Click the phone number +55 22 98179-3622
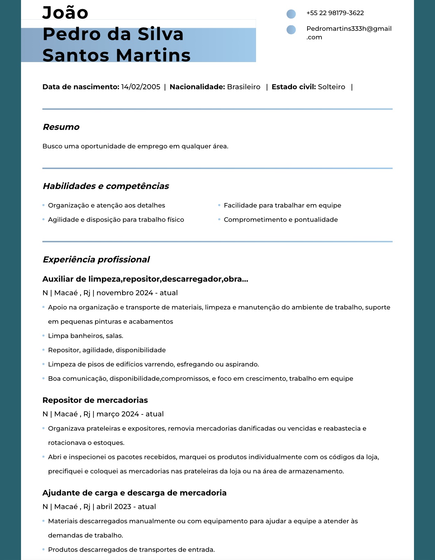pos(335,13)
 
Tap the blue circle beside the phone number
pos(291,14)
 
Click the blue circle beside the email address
pos(291,30)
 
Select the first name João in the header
pos(65,13)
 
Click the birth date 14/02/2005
pos(140,87)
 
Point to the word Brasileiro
pos(243,87)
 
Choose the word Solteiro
pos(331,87)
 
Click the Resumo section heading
pos(61,127)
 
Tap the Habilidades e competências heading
pos(105,186)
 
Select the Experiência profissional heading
pos(96,259)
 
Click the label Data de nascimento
pos(81,87)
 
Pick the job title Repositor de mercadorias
pos(95,400)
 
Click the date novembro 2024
pos(125,293)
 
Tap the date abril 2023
pos(114,507)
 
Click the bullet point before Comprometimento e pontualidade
pos(219,220)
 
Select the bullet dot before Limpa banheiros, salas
pos(43,336)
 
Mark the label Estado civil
pos(294,87)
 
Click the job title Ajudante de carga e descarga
pos(134,493)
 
